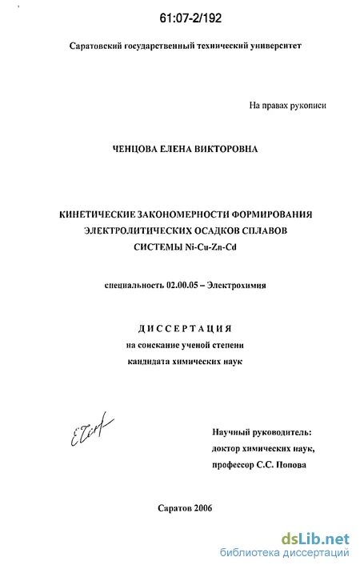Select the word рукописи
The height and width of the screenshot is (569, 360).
307,105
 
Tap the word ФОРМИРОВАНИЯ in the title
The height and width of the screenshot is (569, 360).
269,214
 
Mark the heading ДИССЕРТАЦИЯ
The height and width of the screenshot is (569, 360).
186,329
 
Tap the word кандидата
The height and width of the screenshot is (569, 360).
157,361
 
